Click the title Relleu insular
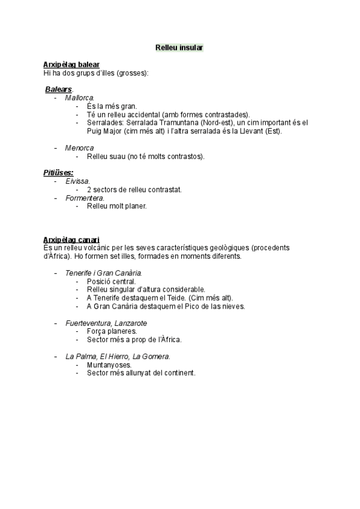pyautogui.click(x=179, y=47)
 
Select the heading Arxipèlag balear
pyautogui.click(x=71, y=65)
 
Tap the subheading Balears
pyautogui.click(x=58, y=89)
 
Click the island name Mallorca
pyautogui.click(x=79, y=98)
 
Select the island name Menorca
pyautogui.click(x=79, y=148)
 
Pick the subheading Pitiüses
pyautogui.click(x=58, y=173)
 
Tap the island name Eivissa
pyautogui.click(x=77, y=181)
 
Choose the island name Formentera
pyautogui.click(x=85, y=197)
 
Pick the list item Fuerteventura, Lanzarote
pyautogui.click(x=106, y=323)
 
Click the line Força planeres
pyautogui.click(x=112, y=331)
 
